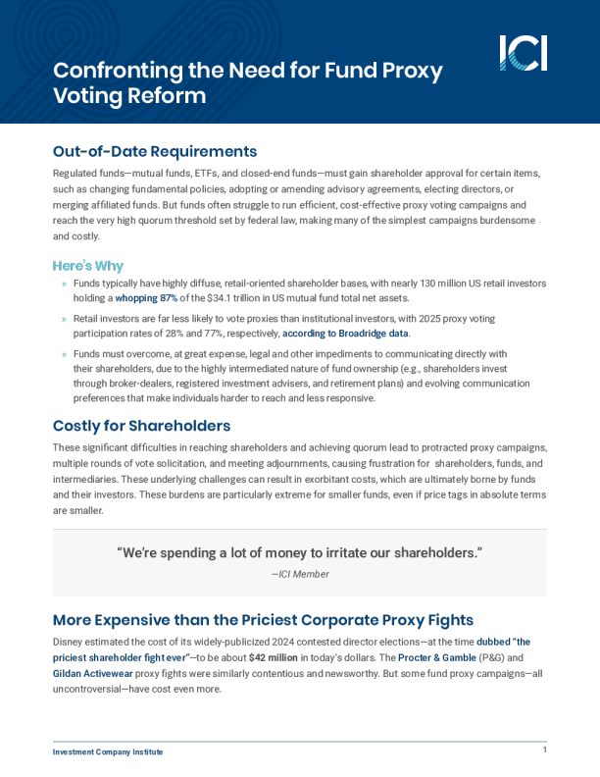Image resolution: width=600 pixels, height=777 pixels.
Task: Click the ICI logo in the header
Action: pos(523,53)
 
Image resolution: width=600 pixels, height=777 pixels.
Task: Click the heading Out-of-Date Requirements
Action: pos(155,151)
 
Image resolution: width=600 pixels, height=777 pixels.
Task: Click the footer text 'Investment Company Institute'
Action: pos(108,751)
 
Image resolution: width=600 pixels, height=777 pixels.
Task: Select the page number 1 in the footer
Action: pos(544,750)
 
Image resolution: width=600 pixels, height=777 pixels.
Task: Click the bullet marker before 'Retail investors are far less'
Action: pos(65,320)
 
